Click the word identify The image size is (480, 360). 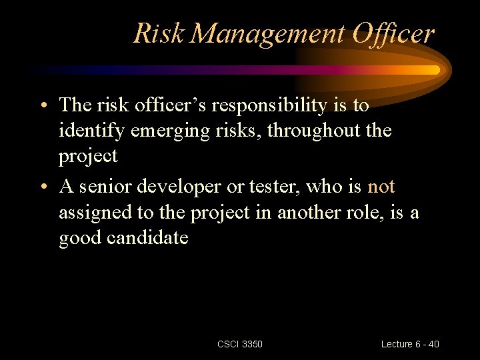click(x=91, y=131)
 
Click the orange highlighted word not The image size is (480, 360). click(x=381, y=187)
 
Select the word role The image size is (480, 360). click(x=369, y=212)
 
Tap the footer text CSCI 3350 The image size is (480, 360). click(x=240, y=344)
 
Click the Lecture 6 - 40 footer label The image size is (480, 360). click(x=410, y=344)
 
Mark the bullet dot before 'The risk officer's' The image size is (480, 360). click(x=42, y=107)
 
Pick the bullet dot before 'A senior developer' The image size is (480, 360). click(x=42, y=188)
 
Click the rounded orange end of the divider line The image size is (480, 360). click(x=435, y=69)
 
